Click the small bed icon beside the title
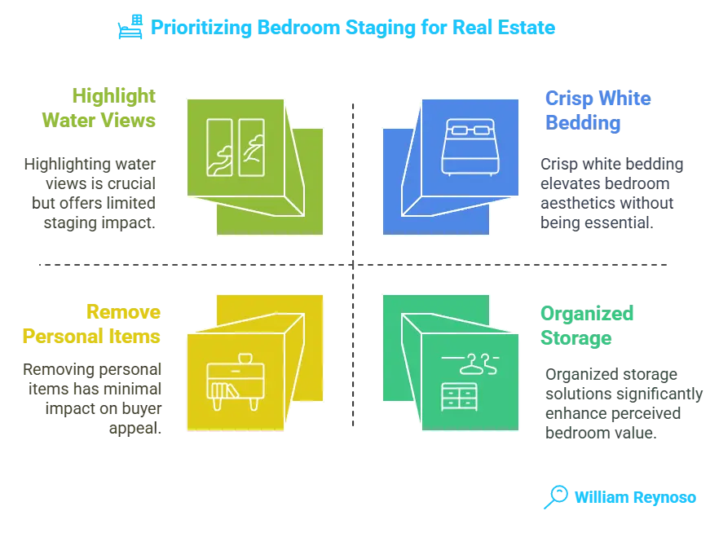click(130, 29)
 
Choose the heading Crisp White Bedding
click(597, 112)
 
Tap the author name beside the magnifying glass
click(634, 497)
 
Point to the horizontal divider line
click(204, 263)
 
